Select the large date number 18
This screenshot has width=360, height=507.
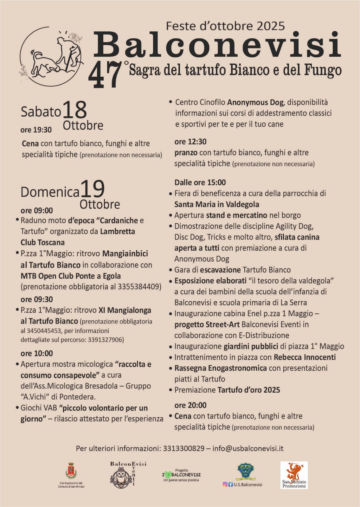point(75,111)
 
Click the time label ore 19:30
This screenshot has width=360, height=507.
point(36,130)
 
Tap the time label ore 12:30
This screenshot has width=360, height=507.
point(190,142)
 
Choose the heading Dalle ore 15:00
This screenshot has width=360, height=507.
point(200,183)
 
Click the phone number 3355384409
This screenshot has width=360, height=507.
point(139,287)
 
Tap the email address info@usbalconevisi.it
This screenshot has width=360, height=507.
point(248,448)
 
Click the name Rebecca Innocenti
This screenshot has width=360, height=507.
point(305,357)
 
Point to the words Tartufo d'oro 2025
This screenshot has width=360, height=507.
point(249,390)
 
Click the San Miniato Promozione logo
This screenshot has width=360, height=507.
point(294,475)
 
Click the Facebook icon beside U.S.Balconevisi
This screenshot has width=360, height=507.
point(230,485)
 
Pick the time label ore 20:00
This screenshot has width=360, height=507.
point(190,405)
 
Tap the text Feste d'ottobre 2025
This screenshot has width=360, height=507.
point(225,26)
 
